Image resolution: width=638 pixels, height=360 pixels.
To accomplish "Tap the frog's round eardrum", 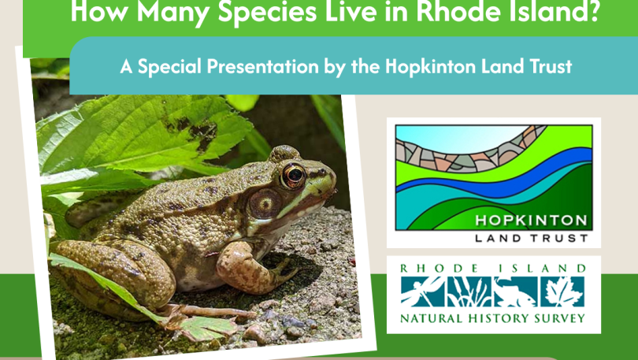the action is pyautogui.click(x=265, y=204).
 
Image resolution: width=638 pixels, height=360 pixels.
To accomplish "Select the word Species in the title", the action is pyautogui.click(x=267, y=11).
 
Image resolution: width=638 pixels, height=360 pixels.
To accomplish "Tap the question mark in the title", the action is pyautogui.click(x=593, y=11).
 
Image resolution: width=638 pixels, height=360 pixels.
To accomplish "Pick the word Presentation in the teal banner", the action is pyautogui.click(x=262, y=66).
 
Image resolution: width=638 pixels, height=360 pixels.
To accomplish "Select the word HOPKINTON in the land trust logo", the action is pyautogui.click(x=531, y=221).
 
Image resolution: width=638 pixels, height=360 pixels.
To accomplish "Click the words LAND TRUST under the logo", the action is pyautogui.click(x=531, y=239).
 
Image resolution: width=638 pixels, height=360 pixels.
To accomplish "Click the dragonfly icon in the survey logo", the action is pyautogui.click(x=421, y=291).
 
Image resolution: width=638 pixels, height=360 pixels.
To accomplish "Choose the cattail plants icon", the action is pyautogui.click(x=469, y=291).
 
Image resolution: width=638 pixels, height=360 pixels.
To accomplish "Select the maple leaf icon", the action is pyautogui.click(x=562, y=291).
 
